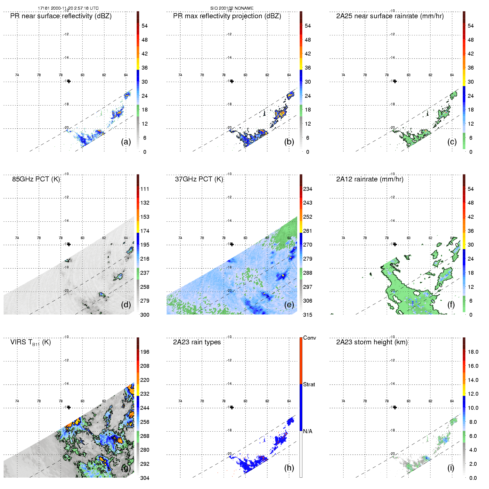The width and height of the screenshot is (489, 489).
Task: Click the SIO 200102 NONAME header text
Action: coord(232,8)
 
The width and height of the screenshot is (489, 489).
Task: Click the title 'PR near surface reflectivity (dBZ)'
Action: coord(61,16)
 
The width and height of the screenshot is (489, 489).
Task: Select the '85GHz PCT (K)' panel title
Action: coord(36,179)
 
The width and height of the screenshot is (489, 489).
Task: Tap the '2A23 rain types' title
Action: coord(197,342)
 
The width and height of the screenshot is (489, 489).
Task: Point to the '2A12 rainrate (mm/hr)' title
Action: coord(369,179)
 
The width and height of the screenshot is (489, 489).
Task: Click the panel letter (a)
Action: coord(126,142)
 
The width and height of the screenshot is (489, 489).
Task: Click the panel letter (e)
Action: coord(289,305)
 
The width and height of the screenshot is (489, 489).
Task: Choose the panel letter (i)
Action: coord(451,468)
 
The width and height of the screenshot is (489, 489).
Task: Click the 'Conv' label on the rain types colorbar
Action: coord(309,338)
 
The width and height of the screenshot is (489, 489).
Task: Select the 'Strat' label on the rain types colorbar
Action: coord(309,384)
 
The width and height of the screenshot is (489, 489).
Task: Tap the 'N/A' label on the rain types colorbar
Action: coord(308,431)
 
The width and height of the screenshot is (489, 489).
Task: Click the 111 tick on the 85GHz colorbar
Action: coord(145,189)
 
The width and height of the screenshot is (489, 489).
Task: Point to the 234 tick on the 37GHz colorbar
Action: coord(308,189)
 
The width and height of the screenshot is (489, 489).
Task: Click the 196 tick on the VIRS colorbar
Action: coord(145,352)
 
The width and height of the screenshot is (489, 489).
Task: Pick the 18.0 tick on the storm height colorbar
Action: coord(473,352)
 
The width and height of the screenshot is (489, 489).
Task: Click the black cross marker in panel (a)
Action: coord(69,81)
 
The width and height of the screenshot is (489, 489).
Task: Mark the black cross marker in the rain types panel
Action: coord(232,407)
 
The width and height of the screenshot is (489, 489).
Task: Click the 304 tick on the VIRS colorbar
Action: coord(145,478)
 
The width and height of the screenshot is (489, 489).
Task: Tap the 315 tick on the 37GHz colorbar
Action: coord(308,315)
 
